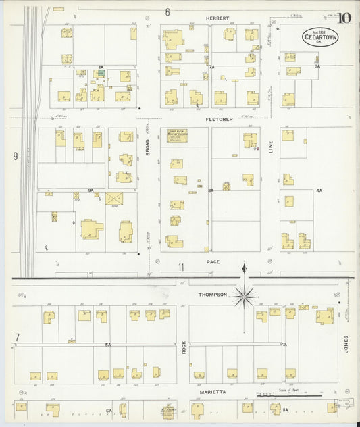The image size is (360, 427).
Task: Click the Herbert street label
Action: tap(218, 18)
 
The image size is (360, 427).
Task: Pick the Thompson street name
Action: tap(212, 295)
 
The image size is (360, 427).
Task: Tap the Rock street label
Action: tap(183, 348)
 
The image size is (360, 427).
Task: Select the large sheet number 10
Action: tap(344, 16)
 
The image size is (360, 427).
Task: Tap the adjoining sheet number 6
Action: tap(167, 12)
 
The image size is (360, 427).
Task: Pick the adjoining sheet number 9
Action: tap(14, 156)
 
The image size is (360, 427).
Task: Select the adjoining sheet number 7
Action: tap(16, 336)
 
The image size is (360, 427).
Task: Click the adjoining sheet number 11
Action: tap(181, 268)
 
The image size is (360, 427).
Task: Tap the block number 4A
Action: tap(319, 191)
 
